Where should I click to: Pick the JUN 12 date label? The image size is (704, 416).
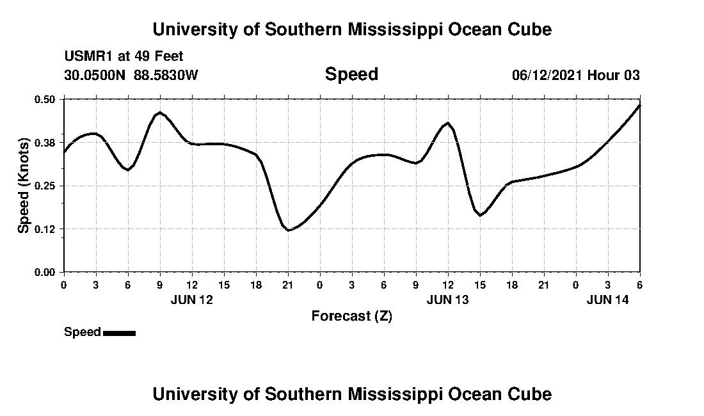(192, 299)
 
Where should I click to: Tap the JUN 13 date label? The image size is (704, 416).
(448, 299)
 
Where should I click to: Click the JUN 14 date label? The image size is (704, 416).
(608, 299)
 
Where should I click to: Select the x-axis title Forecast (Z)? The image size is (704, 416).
(351, 316)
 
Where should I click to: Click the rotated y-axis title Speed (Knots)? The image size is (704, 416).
(24, 186)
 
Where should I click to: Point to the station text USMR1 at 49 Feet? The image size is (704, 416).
(124, 57)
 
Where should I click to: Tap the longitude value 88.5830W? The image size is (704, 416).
(166, 75)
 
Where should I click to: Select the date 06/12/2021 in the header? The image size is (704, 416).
(547, 75)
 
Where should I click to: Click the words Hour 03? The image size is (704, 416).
(614, 75)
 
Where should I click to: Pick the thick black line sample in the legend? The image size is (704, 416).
(119, 333)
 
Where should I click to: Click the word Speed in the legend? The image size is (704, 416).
(83, 332)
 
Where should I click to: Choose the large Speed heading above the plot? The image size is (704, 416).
(351, 74)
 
